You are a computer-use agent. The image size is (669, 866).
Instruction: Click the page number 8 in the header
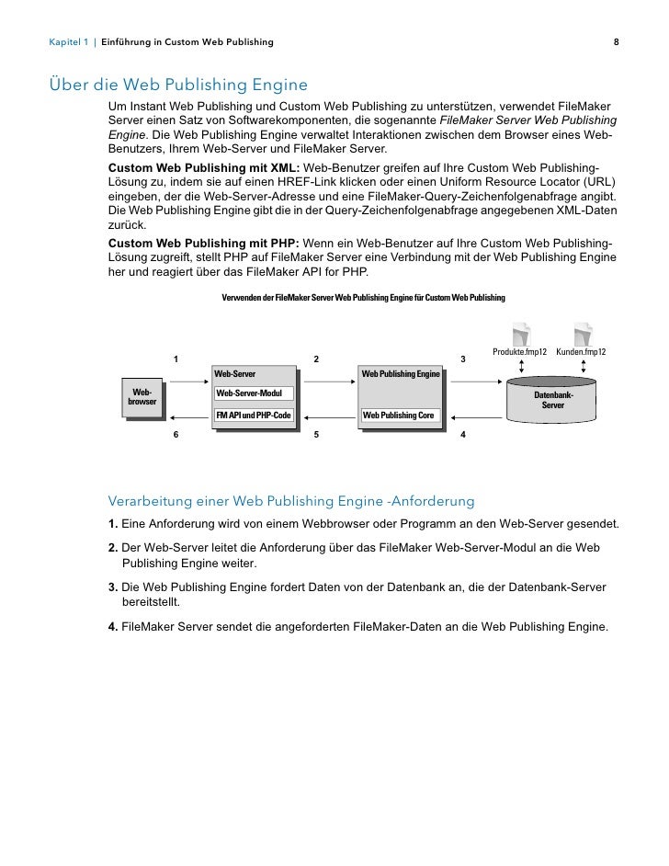[617, 42]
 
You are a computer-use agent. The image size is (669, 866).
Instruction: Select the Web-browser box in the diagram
[142, 397]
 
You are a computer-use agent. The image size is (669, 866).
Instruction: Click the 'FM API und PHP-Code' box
[254, 416]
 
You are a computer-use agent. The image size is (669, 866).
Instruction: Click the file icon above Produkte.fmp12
[521, 334]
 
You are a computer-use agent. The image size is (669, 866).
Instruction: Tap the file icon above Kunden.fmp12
[583, 334]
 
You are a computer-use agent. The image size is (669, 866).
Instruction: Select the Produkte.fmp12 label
[520, 352]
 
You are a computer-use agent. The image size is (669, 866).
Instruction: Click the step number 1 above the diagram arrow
[175, 359]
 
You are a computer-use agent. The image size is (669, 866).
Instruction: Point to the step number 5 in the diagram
[315, 434]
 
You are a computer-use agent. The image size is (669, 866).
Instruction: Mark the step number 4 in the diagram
[462, 434]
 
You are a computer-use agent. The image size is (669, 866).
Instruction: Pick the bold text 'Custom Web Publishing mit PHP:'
[204, 243]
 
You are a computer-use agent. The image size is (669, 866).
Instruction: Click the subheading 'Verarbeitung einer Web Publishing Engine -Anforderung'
[291, 502]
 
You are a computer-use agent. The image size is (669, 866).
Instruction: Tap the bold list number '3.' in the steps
[113, 587]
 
